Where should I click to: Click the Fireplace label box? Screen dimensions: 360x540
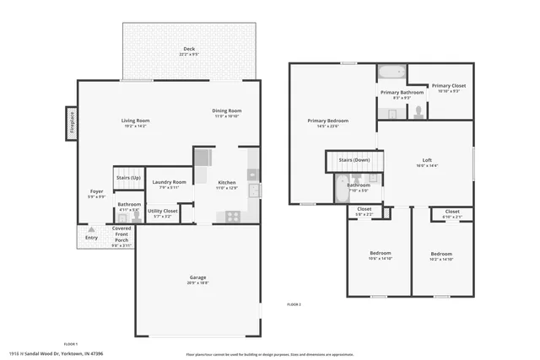point(72,121)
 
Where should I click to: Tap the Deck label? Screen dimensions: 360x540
point(189,50)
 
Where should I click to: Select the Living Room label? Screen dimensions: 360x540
point(135,121)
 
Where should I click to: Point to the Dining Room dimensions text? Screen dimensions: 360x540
point(227,116)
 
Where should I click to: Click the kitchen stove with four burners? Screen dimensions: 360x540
point(232,216)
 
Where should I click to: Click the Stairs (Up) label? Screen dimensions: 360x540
point(129,178)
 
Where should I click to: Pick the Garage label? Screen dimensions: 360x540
point(197,277)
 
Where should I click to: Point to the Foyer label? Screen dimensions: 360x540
point(97,191)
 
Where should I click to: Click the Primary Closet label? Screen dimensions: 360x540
point(448,86)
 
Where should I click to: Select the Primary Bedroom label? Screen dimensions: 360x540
point(327,121)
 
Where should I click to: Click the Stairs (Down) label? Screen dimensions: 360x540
point(354,159)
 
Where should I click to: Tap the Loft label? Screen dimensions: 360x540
point(427,160)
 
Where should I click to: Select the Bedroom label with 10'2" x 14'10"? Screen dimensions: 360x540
point(441,254)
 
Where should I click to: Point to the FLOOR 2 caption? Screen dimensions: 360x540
point(294,304)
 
